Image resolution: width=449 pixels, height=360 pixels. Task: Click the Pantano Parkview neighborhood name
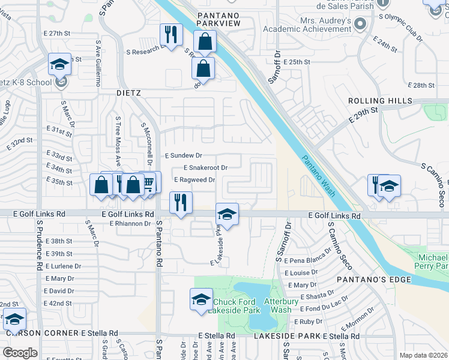pyautogui.click(x=217, y=19)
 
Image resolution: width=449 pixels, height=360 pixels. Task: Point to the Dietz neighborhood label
pyautogui.click(x=128, y=93)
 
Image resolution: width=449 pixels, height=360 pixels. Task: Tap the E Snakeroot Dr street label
pyautogui.click(x=205, y=168)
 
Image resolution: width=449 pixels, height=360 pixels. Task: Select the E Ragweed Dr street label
pyautogui.click(x=194, y=179)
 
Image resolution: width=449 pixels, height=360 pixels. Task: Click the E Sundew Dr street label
pyautogui.click(x=183, y=155)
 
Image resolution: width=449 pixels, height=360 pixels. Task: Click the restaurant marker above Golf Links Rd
pyautogui.click(x=180, y=203)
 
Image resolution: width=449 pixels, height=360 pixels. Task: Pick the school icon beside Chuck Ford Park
pyautogui.click(x=201, y=299)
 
